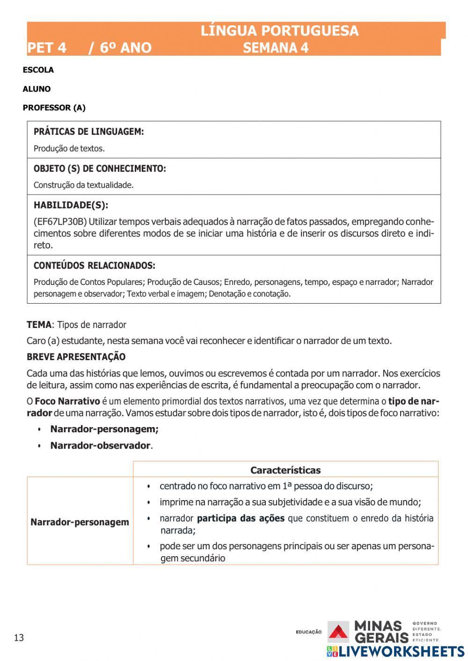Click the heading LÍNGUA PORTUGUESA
coord(279,31)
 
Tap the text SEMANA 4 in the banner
coord(275,48)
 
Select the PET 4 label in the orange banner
coord(47,48)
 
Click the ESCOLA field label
coord(38,70)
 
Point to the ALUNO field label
coord(37,89)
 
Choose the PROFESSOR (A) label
coord(54,108)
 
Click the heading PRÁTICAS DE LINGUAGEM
coord(88,132)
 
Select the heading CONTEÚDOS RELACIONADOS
coord(94,266)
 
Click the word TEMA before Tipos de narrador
coord(39,325)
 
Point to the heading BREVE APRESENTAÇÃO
coord(76,357)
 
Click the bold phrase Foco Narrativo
coord(67,401)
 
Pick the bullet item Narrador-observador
coord(100,445)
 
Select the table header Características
coord(285,470)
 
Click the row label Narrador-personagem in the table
coord(80,522)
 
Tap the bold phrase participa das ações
coord(241,518)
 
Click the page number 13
coord(19,638)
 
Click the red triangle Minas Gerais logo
coord(338,632)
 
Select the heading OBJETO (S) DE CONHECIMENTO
coord(100,169)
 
